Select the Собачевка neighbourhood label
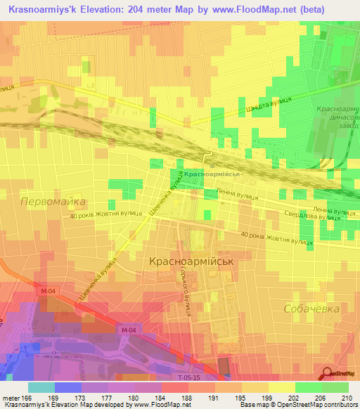(311, 309)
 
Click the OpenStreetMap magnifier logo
(328, 375)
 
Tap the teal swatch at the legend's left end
(41, 387)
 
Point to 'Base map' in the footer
(252, 405)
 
